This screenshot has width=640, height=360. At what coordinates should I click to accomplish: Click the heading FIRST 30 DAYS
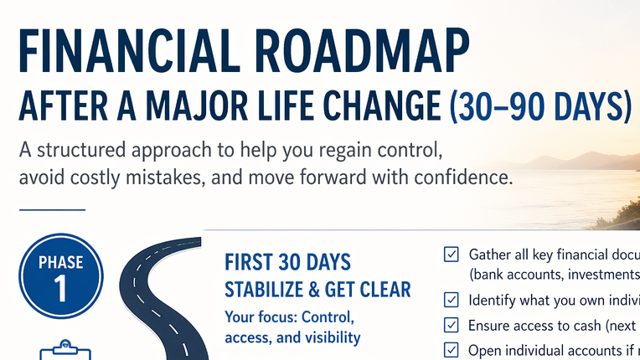288,262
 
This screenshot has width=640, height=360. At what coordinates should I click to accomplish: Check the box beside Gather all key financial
452,255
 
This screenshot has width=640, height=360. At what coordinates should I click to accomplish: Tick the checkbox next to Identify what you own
452,300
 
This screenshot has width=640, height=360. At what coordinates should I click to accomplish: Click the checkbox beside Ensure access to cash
452,325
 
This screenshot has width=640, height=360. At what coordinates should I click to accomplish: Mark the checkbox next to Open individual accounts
452,349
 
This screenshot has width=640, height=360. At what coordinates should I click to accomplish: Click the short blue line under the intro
51,210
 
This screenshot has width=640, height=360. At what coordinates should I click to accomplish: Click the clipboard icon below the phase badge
60,350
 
